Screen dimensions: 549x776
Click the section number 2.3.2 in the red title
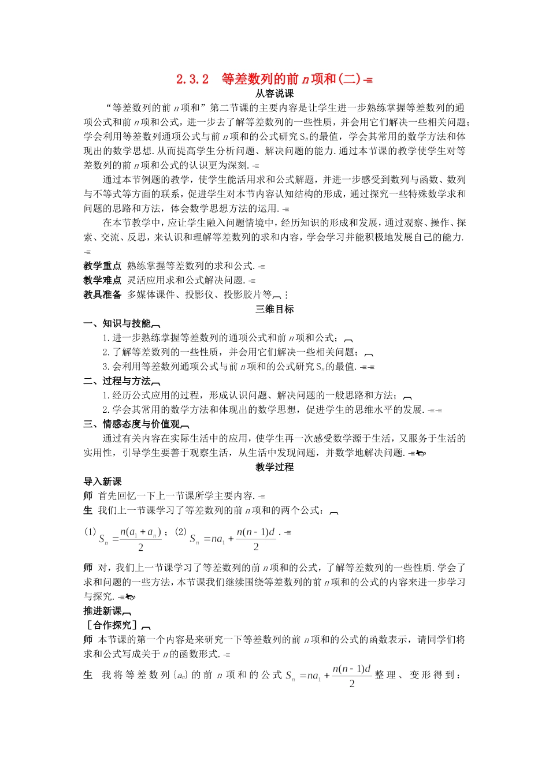coord(192,79)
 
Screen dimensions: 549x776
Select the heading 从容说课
coord(274,94)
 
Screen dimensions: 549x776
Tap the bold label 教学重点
coord(102,266)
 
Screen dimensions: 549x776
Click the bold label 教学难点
coord(102,281)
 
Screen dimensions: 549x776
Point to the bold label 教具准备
coord(102,295)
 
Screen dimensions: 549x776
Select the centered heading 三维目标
coord(274,309)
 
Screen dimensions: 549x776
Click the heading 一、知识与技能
coord(117,324)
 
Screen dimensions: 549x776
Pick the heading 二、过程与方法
coord(117,381)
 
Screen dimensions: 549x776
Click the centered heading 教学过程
coord(274,467)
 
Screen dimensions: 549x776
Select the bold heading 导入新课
coord(102,482)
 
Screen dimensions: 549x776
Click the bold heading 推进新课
coord(102,611)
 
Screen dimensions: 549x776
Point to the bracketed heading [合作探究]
coord(112,625)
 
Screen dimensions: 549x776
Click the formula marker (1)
coord(90,532)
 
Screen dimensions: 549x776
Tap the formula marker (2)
coord(181,532)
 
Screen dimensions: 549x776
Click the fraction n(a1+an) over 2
coord(140,539)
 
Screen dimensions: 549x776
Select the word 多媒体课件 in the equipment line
coord(151,295)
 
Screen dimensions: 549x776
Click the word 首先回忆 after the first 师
coord(117,496)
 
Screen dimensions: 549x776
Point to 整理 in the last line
coord(385,675)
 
